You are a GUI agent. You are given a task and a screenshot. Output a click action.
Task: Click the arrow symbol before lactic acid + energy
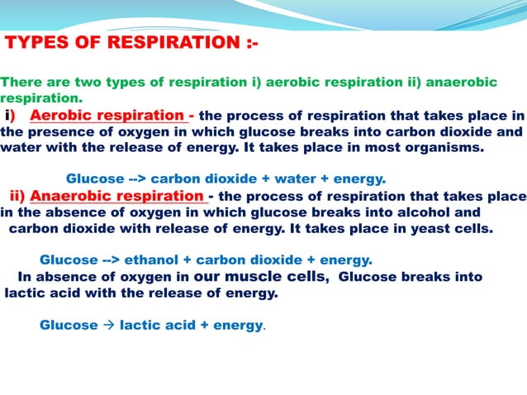click(x=108, y=325)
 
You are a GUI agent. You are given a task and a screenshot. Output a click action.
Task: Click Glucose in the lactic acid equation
click(x=69, y=325)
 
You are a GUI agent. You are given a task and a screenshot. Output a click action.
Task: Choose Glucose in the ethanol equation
click(x=69, y=259)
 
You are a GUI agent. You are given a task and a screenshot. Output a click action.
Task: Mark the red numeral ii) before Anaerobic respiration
click(x=18, y=196)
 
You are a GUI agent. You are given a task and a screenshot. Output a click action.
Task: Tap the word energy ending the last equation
click(x=237, y=325)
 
